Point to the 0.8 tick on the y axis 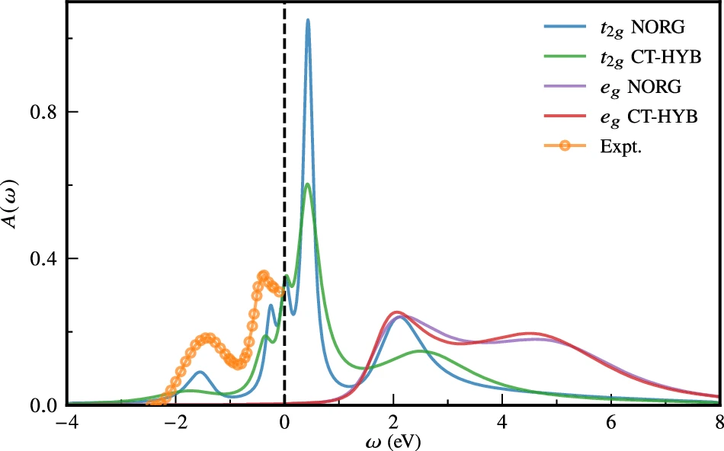(45, 112)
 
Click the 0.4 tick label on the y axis (45, 258)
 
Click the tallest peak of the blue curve (308, 21)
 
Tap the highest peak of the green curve (307, 184)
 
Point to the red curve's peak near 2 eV (396, 312)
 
